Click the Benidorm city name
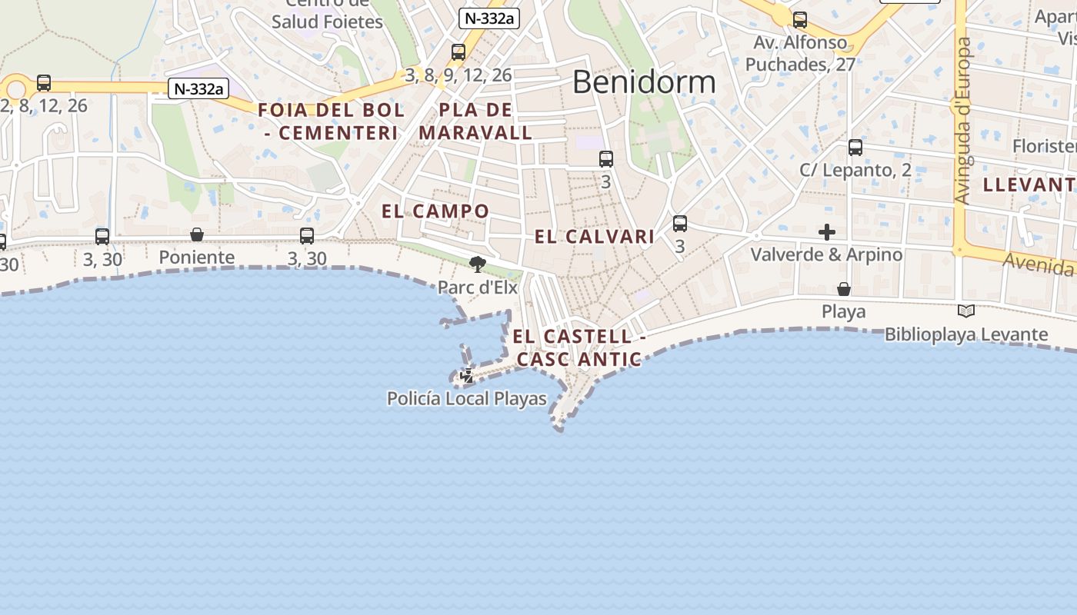click(644, 81)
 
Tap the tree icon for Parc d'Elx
click(478, 264)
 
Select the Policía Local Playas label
click(466, 399)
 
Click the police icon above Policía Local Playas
click(467, 376)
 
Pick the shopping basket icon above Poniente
click(197, 234)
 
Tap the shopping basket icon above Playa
click(844, 289)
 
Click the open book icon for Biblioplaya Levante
click(966, 311)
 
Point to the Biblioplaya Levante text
click(966, 334)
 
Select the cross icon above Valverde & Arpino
click(827, 231)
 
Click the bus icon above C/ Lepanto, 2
click(855, 148)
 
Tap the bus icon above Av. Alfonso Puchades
click(800, 20)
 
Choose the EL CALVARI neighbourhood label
click(595, 237)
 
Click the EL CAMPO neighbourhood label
click(435, 211)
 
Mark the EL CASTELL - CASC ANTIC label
click(579, 347)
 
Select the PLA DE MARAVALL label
click(475, 121)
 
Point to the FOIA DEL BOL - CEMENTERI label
click(331, 121)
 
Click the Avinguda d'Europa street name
click(962, 121)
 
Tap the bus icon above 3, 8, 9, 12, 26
click(458, 52)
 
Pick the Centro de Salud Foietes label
click(327, 15)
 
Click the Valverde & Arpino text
click(826, 254)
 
